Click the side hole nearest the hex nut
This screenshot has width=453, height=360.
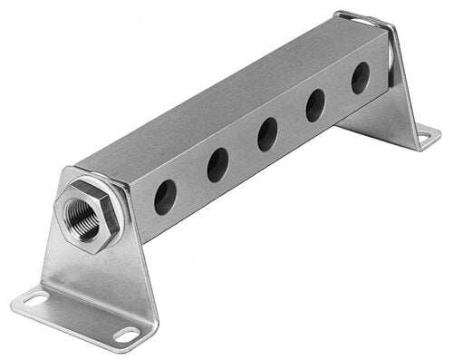coord(165,196)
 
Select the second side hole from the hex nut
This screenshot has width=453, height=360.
coord(217,165)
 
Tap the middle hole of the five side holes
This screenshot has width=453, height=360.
coord(267,134)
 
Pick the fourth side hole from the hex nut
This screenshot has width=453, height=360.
coord(315,105)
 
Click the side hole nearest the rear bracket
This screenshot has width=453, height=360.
coord(361,78)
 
